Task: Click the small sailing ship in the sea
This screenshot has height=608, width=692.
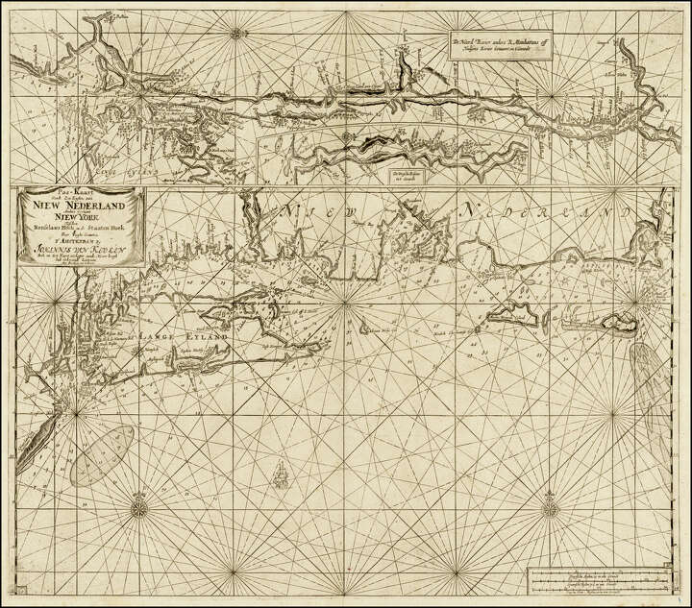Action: pos(279,472)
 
